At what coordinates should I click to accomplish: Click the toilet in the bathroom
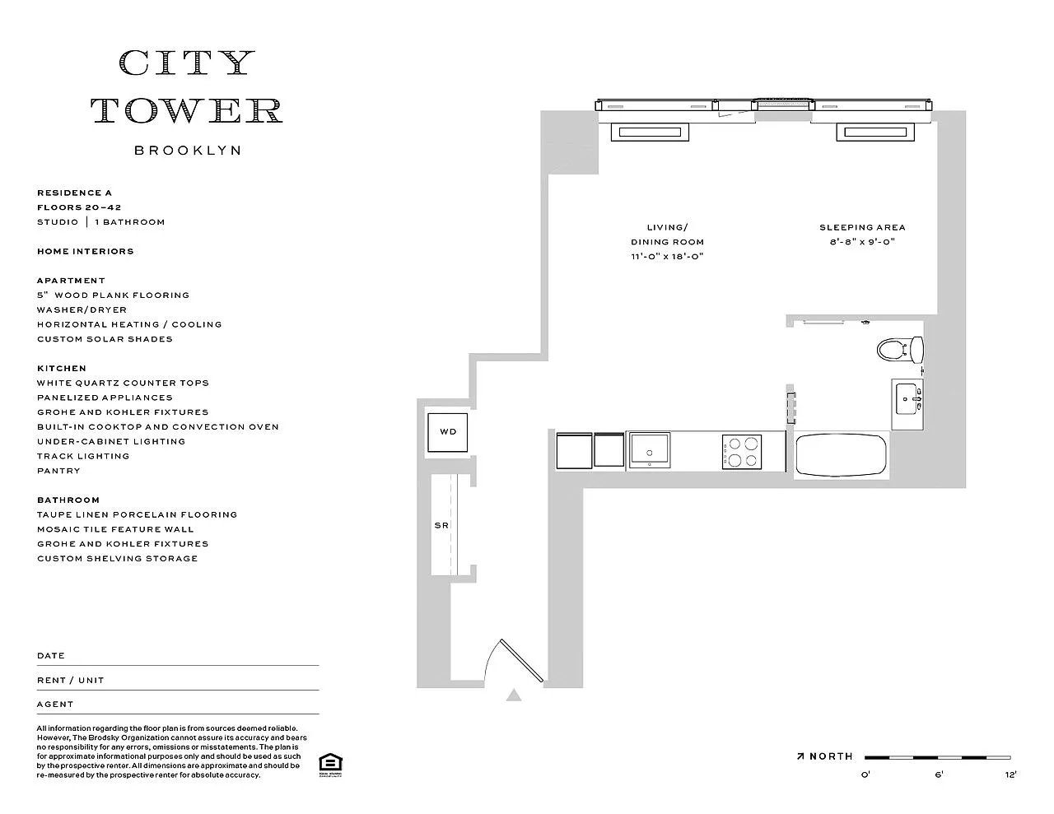[x=900, y=349]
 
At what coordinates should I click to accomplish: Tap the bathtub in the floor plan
[x=841, y=455]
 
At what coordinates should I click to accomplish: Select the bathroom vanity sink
[x=907, y=399]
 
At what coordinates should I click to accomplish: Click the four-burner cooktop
[x=742, y=451]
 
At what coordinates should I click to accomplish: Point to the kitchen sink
[x=650, y=450]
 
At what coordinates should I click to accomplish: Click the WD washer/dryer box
[x=447, y=432]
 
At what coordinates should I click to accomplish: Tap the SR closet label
[x=441, y=525]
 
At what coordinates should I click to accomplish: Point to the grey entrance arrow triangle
[x=514, y=695]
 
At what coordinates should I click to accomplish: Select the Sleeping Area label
[x=862, y=227]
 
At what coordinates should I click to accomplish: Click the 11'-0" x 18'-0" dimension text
[x=667, y=257]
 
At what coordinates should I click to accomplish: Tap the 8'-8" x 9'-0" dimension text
[x=862, y=241]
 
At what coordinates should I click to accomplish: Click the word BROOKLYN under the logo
[x=187, y=151]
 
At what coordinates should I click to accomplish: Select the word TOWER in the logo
[x=187, y=110]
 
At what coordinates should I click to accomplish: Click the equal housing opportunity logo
[x=330, y=765]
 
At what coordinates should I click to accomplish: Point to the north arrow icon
[x=800, y=756]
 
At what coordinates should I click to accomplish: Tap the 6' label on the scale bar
[x=939, y=774]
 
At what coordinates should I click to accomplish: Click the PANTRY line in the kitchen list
[x=58, y=471]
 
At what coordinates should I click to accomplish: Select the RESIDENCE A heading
[x=74, y=193]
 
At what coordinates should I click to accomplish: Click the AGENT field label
[x=55, y=704]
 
